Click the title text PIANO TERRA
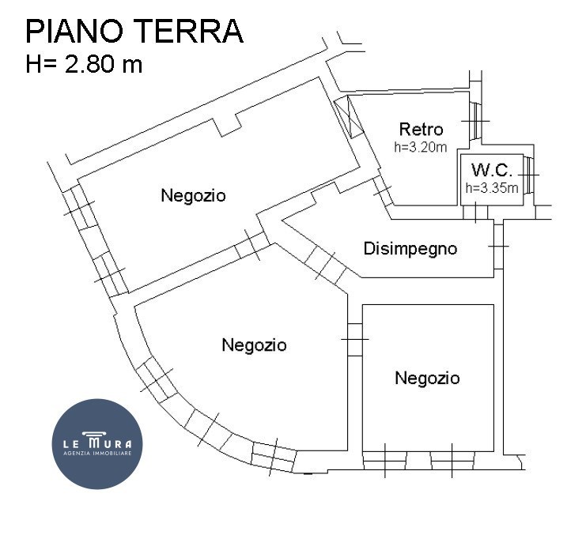pos(134,32)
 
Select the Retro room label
pos(421,130)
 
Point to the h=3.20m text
pos(421,147)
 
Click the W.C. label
pos(492,170)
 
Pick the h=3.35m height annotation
pos(492,188)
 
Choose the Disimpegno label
pos(410,249)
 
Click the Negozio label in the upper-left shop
pos(193,195)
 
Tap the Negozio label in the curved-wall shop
pos(254,345)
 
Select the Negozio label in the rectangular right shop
pos(427,379)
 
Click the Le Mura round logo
pos(97,443)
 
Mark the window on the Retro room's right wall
pos(474,120)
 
